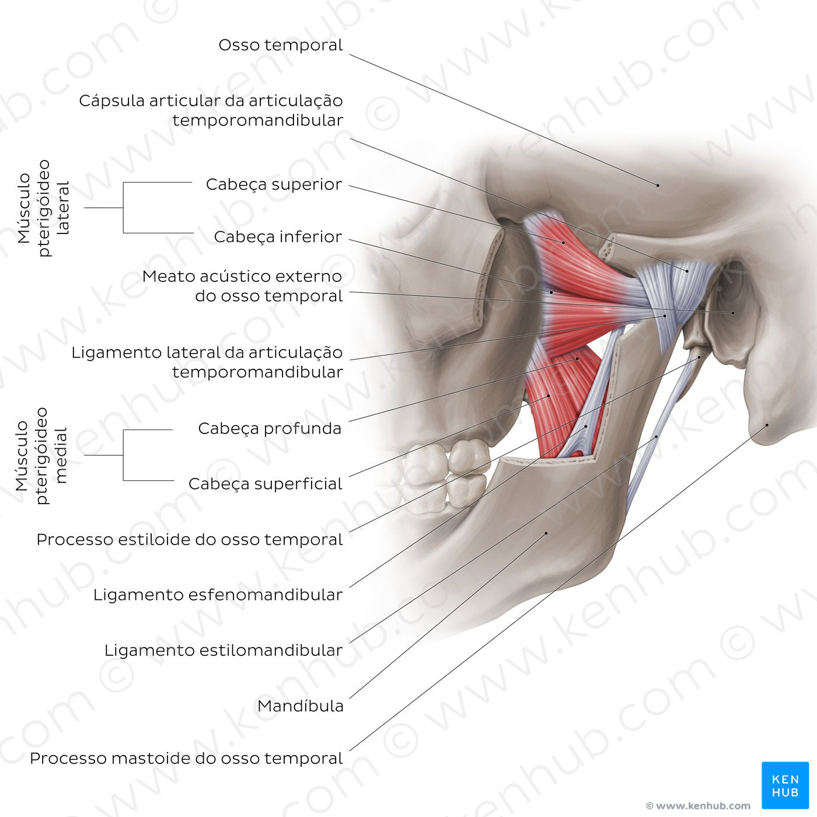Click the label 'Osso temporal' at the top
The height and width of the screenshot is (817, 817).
(x=280, y=46)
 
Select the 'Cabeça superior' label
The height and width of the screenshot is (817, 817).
(x=274, y=184)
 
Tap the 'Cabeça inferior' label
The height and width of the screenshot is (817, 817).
(x=278, y=237)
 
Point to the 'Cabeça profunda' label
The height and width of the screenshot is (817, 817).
(x=270, y=428)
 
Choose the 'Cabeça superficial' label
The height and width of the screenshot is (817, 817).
(x=265, y=484)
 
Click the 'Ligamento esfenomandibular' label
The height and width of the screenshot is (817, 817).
(x=218, y=595)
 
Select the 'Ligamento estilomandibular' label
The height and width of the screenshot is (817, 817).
(x=223, y=650)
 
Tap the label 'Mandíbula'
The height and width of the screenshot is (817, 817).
(x=300, y=706)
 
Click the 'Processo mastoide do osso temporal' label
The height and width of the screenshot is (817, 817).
(x=186, y=759)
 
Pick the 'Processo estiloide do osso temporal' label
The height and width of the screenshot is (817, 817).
(x=189, y=539)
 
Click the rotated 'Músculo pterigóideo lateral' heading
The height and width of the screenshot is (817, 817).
(x=43, y=208)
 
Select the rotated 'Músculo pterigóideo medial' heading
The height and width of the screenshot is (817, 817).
(x=41, y=456)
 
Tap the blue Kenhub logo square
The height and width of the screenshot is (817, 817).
(x=785, y=785)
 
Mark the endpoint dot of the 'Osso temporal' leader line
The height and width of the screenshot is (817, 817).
(x=658, y=185)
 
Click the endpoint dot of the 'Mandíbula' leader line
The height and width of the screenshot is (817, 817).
(x=546, y=533)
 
